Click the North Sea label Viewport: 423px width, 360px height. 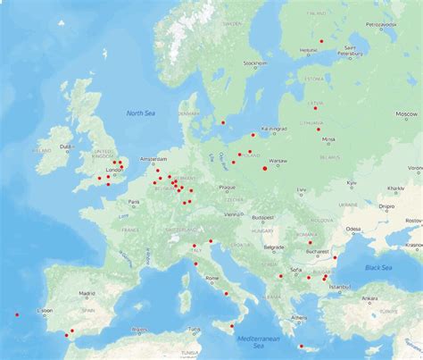[x=140, y=113]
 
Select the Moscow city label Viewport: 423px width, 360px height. [x=406, y=114]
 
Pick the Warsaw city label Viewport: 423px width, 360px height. [x=278, y=161]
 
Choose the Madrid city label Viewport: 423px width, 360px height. [x=87, y=293]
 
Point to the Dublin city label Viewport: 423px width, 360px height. [x=65, y=146]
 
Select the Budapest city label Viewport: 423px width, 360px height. [x=261, y=217]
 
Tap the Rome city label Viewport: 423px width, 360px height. [x=212, y=279]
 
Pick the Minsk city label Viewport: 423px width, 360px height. [x=328, y=139]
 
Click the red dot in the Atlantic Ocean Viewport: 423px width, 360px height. [x=17, y=314]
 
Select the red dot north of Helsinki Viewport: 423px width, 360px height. [x=321, y=40]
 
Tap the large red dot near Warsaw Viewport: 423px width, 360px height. [x=265, y=168]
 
